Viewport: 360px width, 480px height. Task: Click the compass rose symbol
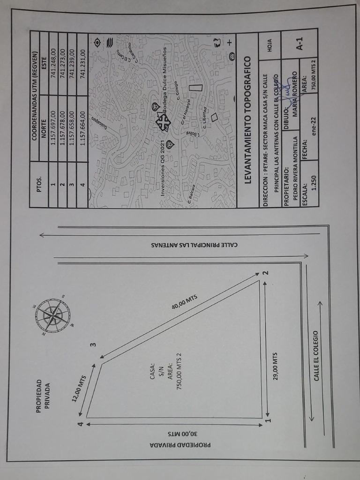pos(52,315)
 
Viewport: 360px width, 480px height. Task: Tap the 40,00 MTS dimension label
pos(185,302)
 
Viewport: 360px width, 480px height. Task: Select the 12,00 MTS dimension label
pos(79,389)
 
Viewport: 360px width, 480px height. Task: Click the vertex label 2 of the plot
pos(265,272)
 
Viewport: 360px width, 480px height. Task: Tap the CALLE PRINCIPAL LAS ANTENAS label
pos(194,245)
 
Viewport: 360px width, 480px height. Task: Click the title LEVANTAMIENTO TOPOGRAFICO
pos(247,120)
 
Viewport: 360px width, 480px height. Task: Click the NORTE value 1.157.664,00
pos(83,118)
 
